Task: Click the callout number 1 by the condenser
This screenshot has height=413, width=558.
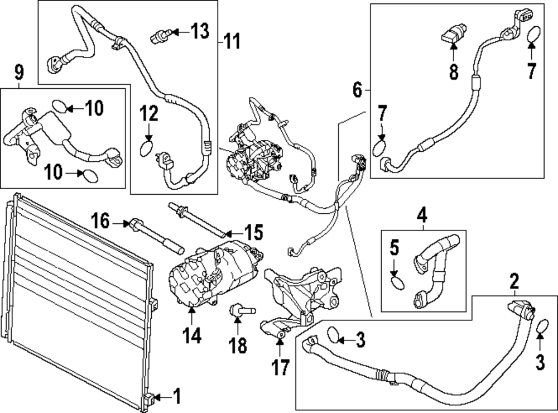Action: (177, 396)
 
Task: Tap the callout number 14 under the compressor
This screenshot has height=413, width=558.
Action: (192, 335)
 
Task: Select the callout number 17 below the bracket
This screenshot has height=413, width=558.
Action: (281, 367)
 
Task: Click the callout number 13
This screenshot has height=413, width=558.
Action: (200, 31)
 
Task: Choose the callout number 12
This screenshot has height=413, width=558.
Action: (149, 114)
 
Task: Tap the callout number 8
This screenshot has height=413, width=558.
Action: (454, 71)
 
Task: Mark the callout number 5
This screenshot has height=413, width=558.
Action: (395, 248)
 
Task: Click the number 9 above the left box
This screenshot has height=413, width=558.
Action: (19, 73)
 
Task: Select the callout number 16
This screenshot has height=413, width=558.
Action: (100, 221)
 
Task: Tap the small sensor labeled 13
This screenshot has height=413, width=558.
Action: (160, 36)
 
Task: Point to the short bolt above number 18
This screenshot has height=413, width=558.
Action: (243, 310)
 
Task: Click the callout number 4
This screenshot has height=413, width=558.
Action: (422, 215)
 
